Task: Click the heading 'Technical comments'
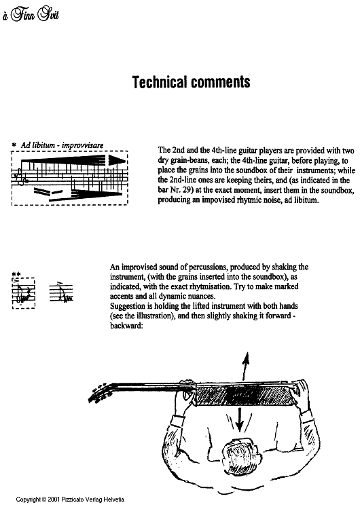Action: (191, 82)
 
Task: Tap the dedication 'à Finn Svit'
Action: (31, 15)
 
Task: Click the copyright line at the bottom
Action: (70, 499)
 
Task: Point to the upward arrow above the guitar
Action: (245, 366)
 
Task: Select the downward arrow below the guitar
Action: (240, 419)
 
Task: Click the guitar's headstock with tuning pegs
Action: (100, 393)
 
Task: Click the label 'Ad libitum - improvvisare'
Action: (62, 145)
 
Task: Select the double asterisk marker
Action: (16, 275)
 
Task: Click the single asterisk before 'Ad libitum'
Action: (14, 145)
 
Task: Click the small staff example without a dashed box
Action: (61, 293)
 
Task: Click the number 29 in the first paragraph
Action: (185, 190)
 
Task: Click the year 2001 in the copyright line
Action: (54, 499)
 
